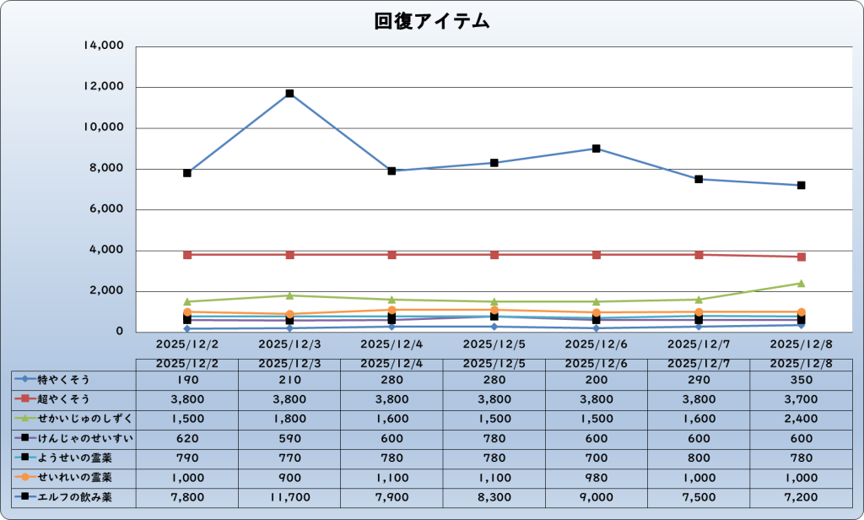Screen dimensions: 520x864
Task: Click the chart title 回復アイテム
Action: point(432,21)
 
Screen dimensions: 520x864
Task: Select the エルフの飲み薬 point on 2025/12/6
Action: point(597,149)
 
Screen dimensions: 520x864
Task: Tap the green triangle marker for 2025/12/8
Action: point(801,284)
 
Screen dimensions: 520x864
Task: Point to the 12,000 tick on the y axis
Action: point(104,87)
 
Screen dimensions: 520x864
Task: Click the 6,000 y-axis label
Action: point(107,209)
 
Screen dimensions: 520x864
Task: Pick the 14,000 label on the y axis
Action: point(104,46)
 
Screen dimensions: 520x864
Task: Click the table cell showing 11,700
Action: point(289,497)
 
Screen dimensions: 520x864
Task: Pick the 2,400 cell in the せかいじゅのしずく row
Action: point(801,418)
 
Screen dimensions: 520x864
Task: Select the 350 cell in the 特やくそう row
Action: point(801,379)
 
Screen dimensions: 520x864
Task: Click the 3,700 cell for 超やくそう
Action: point(801,398)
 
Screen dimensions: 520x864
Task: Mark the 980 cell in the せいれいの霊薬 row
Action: point(597,477)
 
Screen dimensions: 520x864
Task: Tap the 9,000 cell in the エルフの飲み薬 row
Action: point(597,497)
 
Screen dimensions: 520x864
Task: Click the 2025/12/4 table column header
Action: point(391,362)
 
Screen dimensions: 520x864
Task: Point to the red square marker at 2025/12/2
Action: point(187,255)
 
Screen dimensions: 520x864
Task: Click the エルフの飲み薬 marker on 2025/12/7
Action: point(699,179)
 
